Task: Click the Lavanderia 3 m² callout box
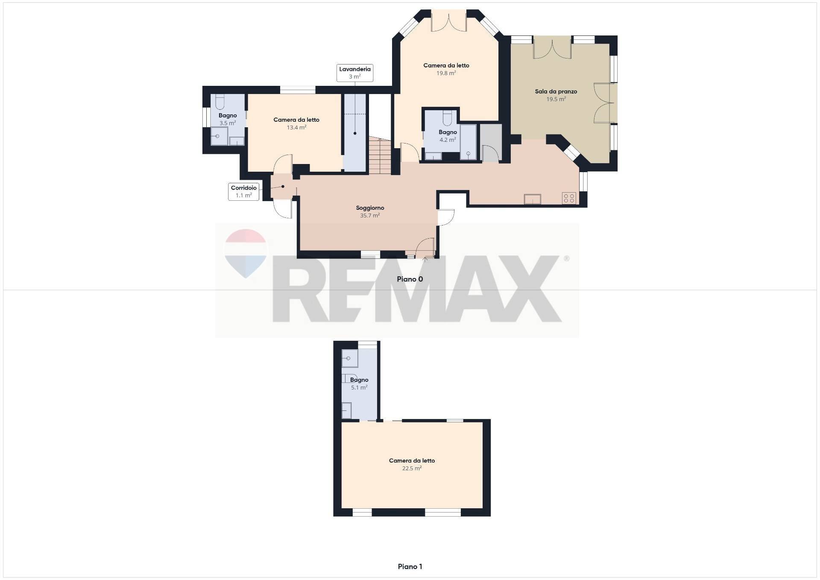(x=354, y=73)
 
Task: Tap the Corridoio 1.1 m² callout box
(x=243, y=192)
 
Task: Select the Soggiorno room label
(x=370, y=208)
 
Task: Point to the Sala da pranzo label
(x=556, y=91)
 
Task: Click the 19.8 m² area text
(x=446, y=73)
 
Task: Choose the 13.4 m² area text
(x=296, y=128)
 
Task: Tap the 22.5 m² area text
(x=412, y=469)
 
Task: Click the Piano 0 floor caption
(x=410, y=279)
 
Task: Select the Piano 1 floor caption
(x=410, y=567)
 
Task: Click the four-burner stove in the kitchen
(x=569, y=198)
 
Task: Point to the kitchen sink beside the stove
(x=533, y=199)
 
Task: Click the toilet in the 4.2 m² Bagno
(x=447, y=117)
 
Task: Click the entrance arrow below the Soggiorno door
(x=425, y=259)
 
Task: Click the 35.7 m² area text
(x=370, y=216)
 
